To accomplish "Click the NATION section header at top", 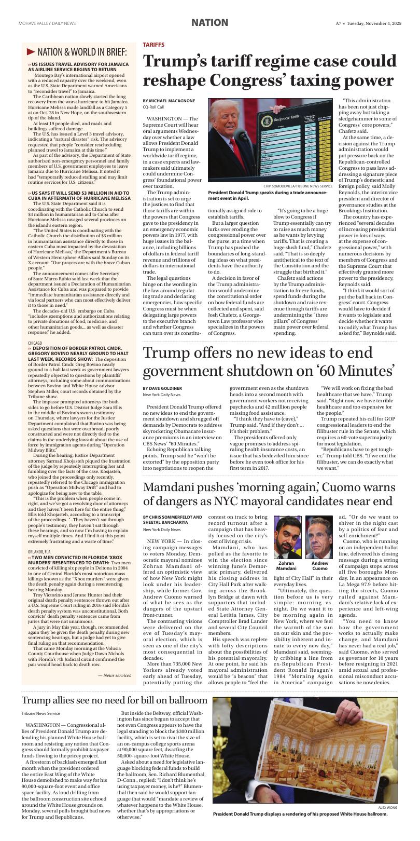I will (x=209, y=23).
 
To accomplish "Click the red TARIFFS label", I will (x=153, y=45).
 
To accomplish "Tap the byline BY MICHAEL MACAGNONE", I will (x=169, y=100).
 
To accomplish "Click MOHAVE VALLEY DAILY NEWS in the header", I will (x=47, y=23).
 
